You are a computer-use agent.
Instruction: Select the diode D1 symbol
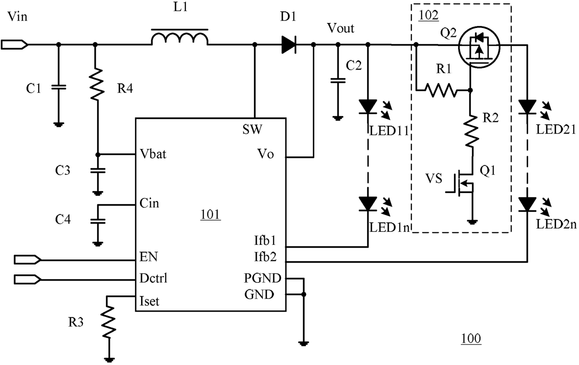pos(289,45)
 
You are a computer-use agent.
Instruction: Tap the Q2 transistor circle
pos(479,47)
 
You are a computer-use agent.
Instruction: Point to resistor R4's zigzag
pos(97,84)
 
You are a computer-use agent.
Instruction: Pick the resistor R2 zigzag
pos(471,131)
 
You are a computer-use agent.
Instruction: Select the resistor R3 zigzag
pos(108,322)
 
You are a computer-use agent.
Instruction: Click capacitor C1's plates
pos(59,87)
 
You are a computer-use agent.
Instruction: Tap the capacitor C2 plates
pos(338,80)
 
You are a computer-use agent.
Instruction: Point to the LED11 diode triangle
pos(368,107)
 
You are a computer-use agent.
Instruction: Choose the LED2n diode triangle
pos(527,204)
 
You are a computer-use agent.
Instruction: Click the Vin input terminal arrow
pos(14,44)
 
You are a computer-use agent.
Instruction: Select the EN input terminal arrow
pos(28,259)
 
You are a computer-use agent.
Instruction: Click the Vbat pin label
pos(153,154)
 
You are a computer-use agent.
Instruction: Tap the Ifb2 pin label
pos(265,257)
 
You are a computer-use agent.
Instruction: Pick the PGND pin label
pos(262,279)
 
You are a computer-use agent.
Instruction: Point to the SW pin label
pos(252,129)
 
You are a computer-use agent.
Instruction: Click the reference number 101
pos(211,215)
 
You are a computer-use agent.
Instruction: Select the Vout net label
pos(341,28)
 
